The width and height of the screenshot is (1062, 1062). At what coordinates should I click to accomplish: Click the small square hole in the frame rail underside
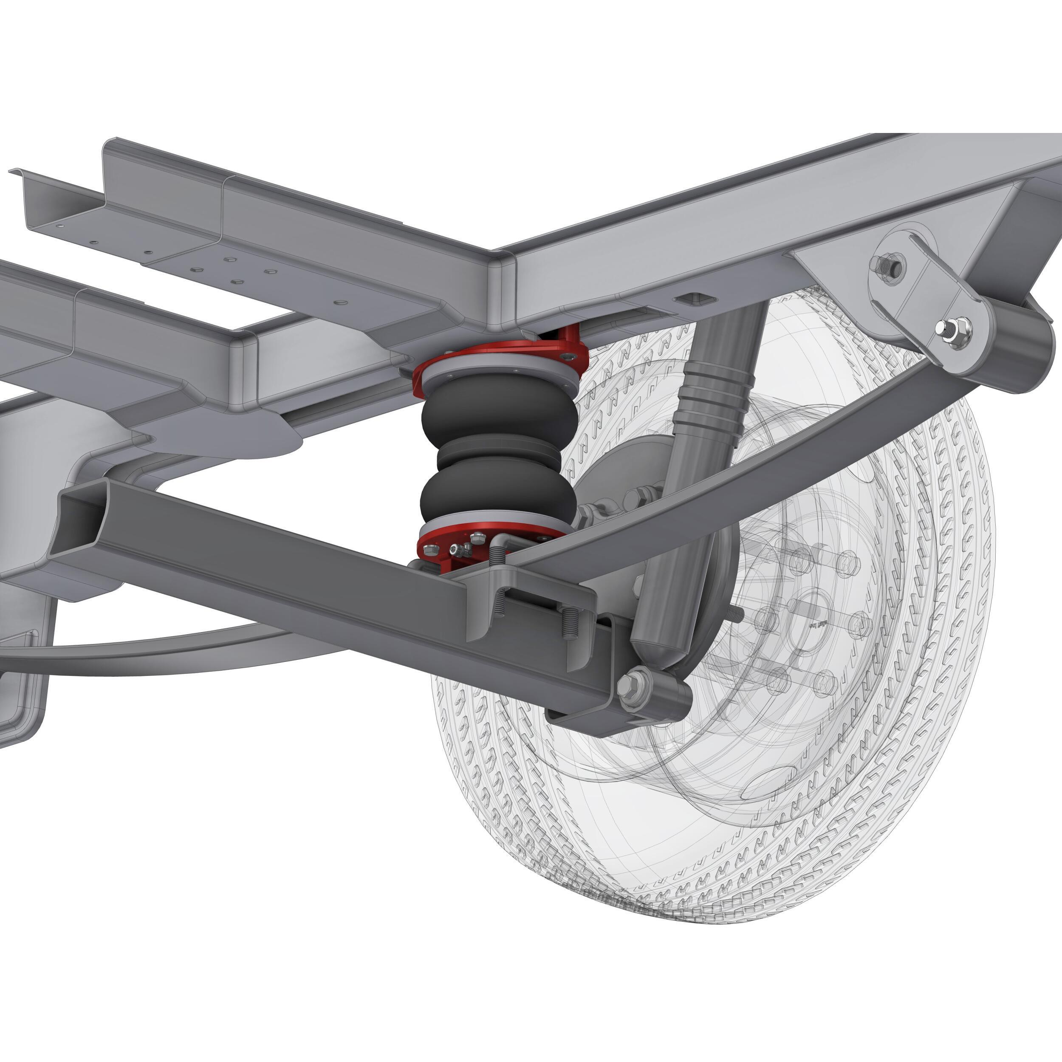[x=694, y=299]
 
